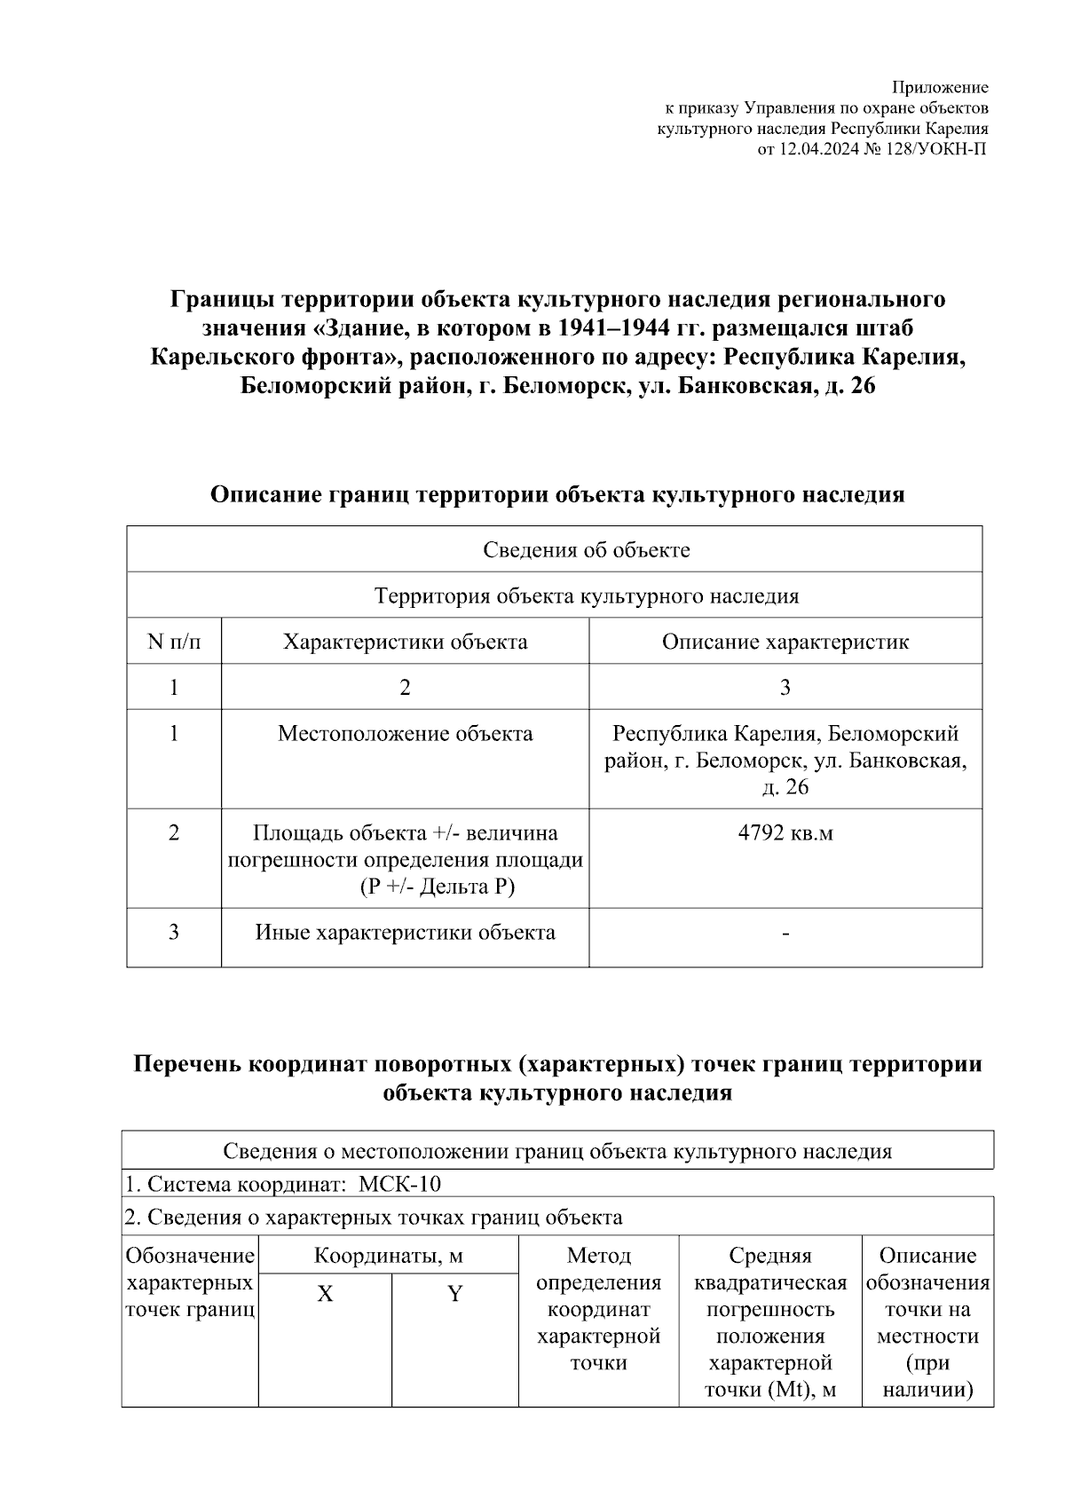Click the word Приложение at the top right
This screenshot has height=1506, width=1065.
coord(939,87)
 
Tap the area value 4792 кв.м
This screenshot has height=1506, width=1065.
coord(785,833)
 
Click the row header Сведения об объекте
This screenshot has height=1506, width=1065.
coord(586,549)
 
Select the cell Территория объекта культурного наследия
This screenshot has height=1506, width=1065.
coord(586,595)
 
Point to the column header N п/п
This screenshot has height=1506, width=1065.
coord(174,642)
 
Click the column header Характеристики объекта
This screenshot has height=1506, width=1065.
coord(405,642)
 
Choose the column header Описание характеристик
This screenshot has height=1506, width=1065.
coord(785,642)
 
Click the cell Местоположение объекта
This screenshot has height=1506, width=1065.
coord(405,734)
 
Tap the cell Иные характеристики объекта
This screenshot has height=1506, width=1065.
coord(405,933)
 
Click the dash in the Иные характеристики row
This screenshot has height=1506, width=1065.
coord(785,934)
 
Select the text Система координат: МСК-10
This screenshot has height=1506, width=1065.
coord(282,1184)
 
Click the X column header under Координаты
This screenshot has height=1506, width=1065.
coord(325,1294)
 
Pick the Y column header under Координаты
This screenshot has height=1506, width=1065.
coord(454,1294)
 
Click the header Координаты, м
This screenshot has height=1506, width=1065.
coord(388,1256)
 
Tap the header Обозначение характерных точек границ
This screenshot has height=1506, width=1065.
coord(190,1282)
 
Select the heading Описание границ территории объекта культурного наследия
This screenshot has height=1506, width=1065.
coord(556,495)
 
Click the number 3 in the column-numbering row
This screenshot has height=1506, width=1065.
coord(785,688)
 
